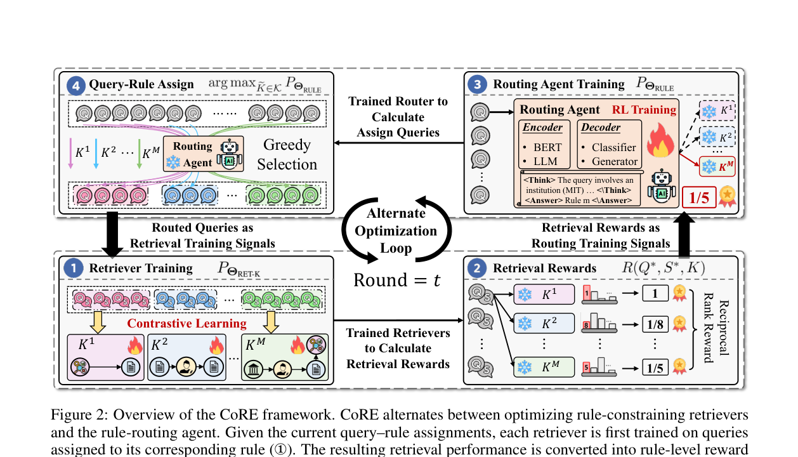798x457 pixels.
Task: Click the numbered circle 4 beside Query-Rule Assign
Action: (76, 86)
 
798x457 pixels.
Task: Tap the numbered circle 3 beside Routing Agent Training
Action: (478, 85)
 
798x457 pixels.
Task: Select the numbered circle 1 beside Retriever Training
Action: (74, 268)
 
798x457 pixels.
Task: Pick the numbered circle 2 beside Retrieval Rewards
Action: (477, 268)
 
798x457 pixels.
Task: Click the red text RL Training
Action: (644, 110)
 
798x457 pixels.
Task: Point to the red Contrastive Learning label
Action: (186, 323)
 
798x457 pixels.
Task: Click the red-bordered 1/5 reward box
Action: (699, 197)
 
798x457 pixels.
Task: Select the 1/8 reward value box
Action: (655, 324)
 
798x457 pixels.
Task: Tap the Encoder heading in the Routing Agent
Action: (542, 127)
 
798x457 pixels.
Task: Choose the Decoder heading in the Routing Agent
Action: (601, 127)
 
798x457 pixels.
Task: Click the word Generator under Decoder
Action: (615, 161)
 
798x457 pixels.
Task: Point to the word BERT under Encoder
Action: (547, 147)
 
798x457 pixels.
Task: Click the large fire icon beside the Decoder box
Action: (660, 140)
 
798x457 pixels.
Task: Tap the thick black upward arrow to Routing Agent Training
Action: (684, 235)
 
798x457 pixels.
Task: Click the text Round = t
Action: (397, 280)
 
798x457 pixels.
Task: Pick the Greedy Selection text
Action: (287, 154)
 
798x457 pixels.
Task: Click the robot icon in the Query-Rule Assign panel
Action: (230, 154)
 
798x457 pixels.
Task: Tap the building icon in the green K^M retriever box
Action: (253, 369)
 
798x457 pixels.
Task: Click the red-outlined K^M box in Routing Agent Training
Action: (717, 166)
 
